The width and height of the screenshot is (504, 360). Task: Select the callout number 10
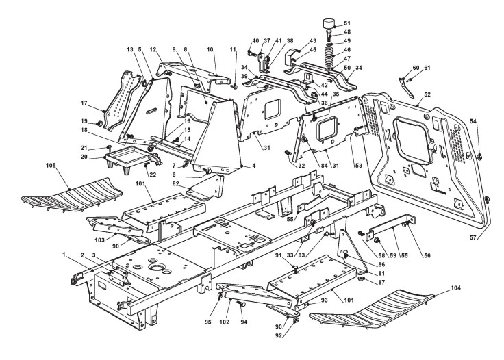210,49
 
